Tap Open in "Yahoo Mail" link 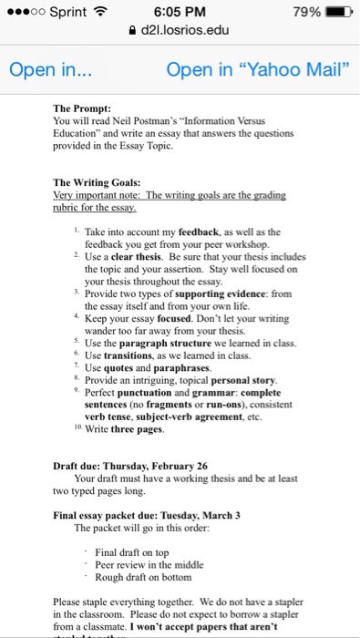(x=258, y=70)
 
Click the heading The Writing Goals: (x=96, y=181)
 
